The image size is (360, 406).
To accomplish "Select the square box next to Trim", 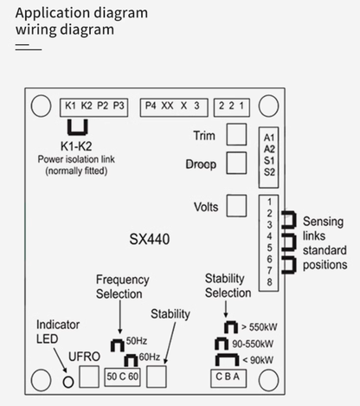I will pyautogui.click(x=236, y=134).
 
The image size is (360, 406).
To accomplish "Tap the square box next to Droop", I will pyautogui.click(x=236, y=163).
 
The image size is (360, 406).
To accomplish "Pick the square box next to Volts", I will pyautogui.click(x=236, y=206).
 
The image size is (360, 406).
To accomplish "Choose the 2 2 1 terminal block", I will pyautogui.click(x=231, y=106).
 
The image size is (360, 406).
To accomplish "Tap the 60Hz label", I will pyautogui.click(x=150, y=357).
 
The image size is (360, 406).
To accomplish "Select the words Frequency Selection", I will pyautogui.click(x=122, y=287).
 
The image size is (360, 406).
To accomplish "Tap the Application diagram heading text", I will pyautogui.click(x=81, y=13).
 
